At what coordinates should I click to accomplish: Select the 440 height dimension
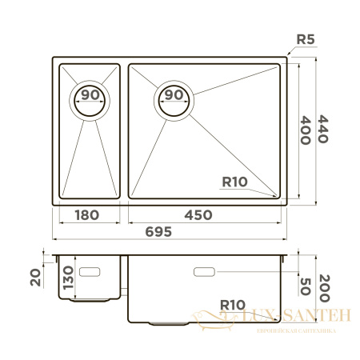click(x=323, y=127)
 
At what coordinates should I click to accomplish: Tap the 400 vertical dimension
click(x=304, y=127)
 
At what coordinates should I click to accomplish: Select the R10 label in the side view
click(x=234, y=304)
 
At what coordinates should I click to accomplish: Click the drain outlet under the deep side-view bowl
click(x=166, y=324)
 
